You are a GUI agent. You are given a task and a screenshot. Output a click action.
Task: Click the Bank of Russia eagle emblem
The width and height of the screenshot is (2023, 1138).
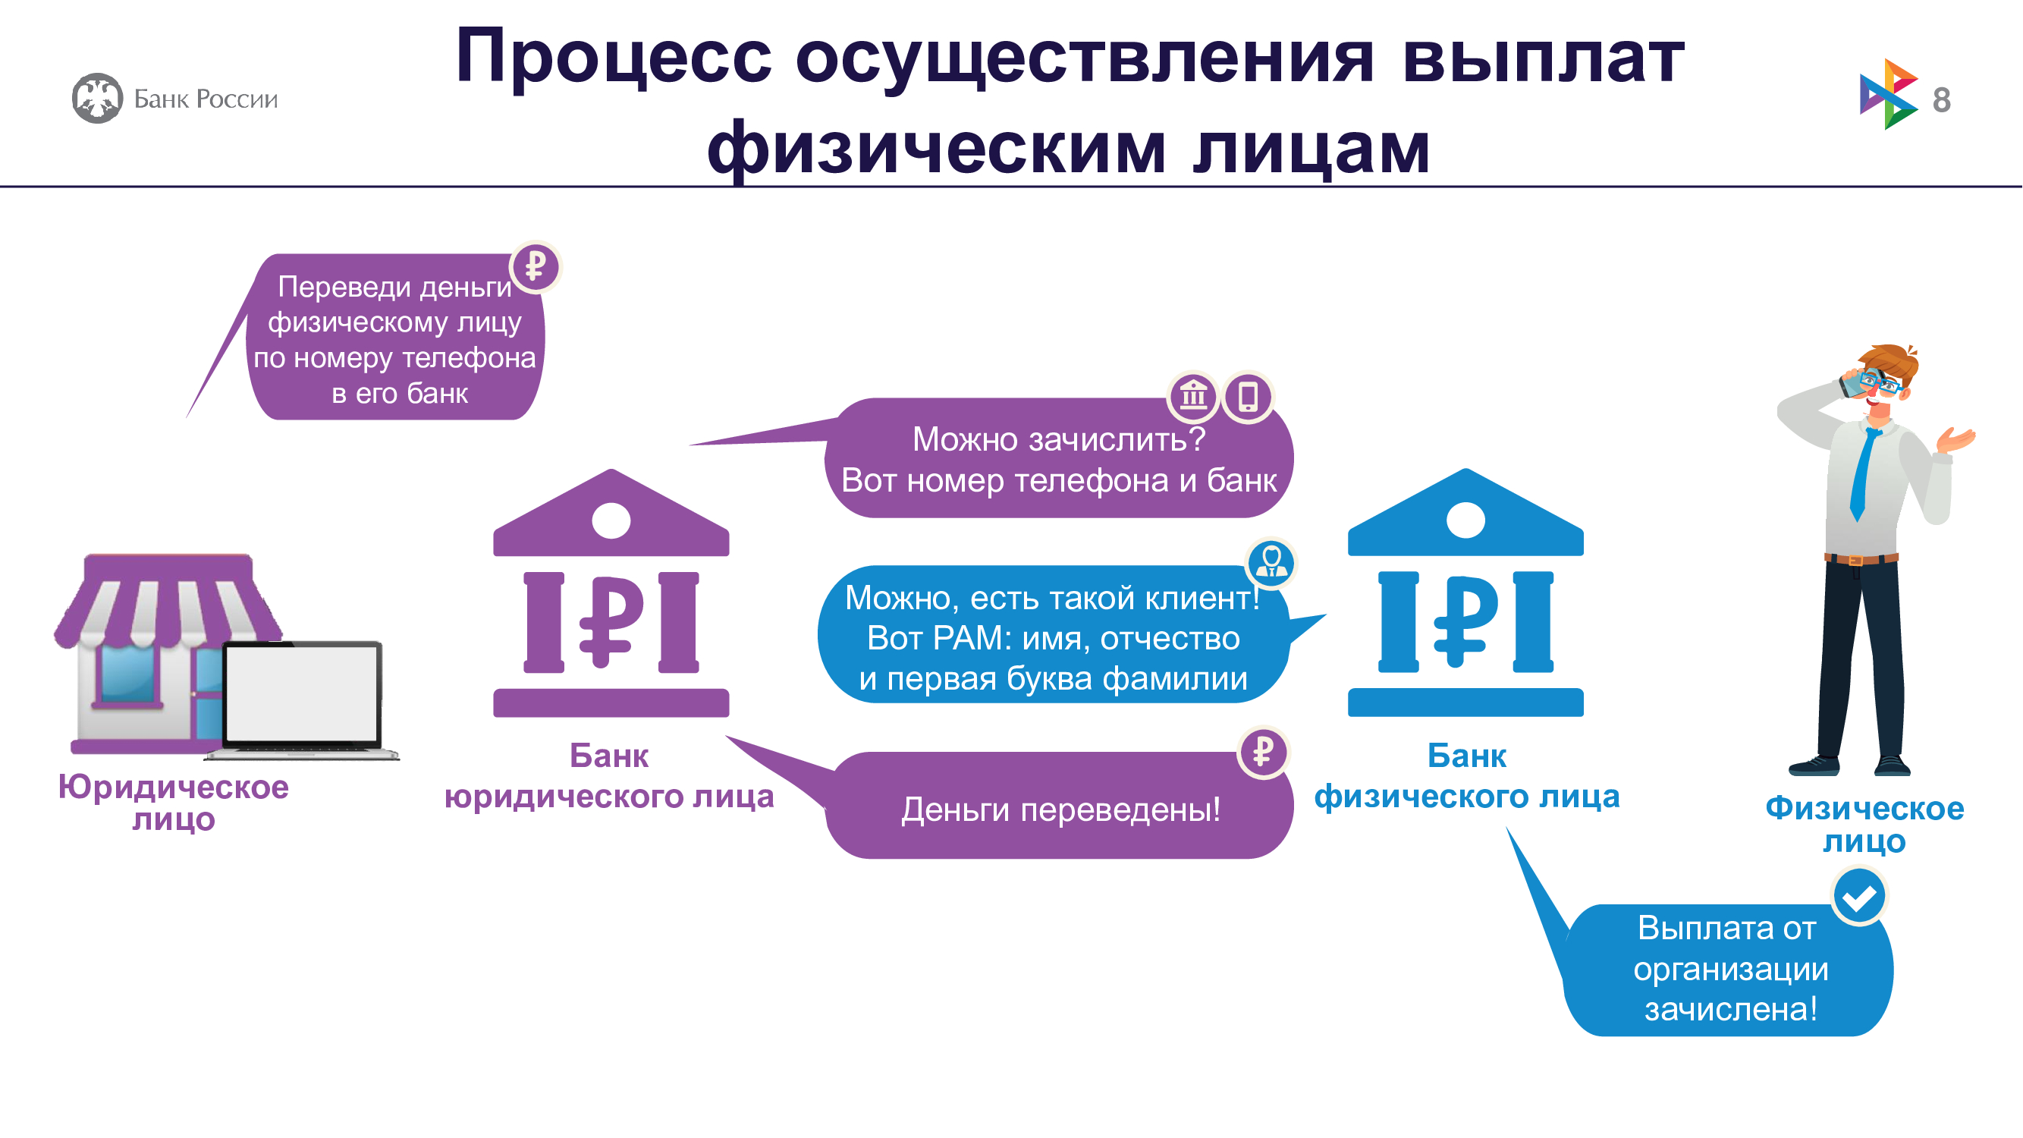[x=97, y=98]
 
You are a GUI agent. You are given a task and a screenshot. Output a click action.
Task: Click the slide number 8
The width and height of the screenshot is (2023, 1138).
[x=1941, y=99]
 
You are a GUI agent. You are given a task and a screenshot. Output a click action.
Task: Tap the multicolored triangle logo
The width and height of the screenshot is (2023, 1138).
[x=1889, y=94]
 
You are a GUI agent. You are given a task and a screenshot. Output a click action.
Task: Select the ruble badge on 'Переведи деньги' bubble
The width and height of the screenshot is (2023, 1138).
[x=536, y=266]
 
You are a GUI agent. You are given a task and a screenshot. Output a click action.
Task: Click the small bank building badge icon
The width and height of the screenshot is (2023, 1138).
[x=1194, y=396]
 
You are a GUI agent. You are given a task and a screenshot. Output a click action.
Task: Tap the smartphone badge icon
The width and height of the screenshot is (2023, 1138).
[x=1248, y=396]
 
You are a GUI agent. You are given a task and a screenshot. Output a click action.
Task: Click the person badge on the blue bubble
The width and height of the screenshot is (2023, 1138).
[x=1271, y=562]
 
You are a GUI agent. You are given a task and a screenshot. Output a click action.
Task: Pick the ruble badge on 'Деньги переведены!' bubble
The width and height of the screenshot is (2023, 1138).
[x=1263, y=752]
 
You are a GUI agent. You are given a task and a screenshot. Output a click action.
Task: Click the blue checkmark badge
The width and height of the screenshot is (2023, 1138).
[x=1859, y=895]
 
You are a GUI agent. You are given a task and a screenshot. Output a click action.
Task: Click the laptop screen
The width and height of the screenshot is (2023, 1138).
[x=302, y=692]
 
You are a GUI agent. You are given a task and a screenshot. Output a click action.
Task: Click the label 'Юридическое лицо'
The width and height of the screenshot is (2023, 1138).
[x=174, y=803]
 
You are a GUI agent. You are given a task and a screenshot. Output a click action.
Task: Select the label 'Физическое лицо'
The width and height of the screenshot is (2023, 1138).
[x=1864, y=824]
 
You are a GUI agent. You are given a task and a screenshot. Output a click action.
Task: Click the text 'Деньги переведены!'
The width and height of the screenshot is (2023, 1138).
[x=1060, y=809]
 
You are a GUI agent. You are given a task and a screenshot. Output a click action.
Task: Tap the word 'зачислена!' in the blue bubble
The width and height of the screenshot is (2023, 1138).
[x=1731, y=1009]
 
